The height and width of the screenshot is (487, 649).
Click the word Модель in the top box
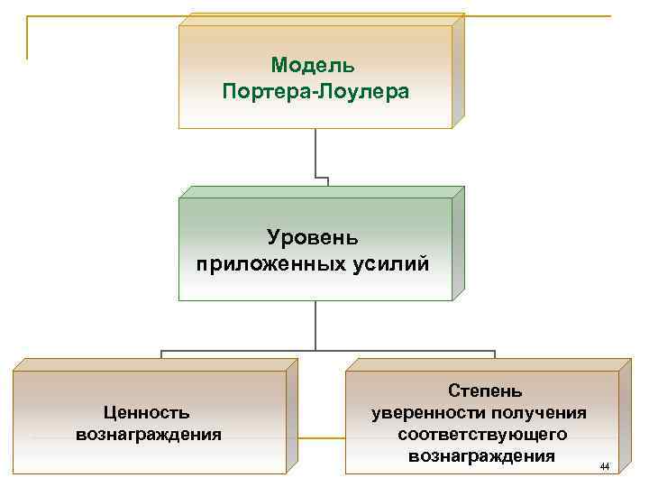[x=313, y=66]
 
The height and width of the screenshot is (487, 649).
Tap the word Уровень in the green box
[x=313, y=238]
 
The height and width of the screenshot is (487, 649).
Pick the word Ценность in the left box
[x=147, y=412]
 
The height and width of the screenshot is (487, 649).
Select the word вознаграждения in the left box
[x=148, y=434]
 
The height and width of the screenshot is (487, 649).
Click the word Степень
[x=484, y=391]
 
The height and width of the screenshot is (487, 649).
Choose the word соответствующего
[x=482, y=434]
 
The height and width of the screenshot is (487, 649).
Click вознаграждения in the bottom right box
[x=481, y=455]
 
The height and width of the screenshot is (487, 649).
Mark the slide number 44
[x=604, y=466]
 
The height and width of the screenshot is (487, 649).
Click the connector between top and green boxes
[x=315, y=153]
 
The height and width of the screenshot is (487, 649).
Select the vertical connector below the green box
[x=315, y=325]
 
